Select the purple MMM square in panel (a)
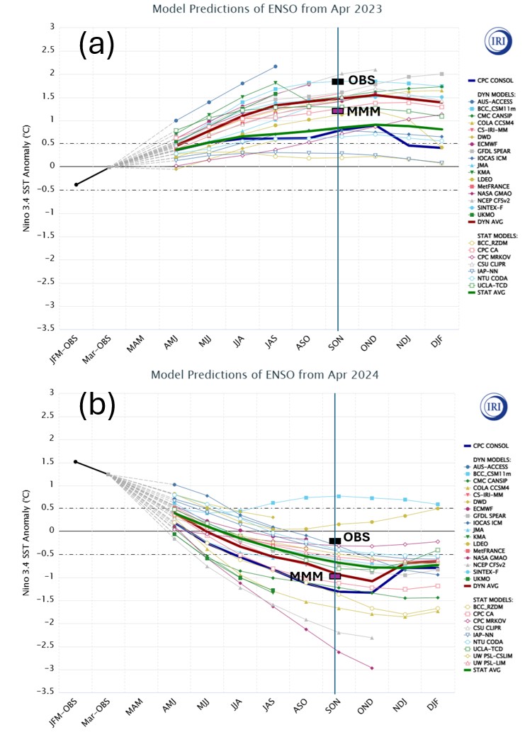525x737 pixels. pos(337,111)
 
